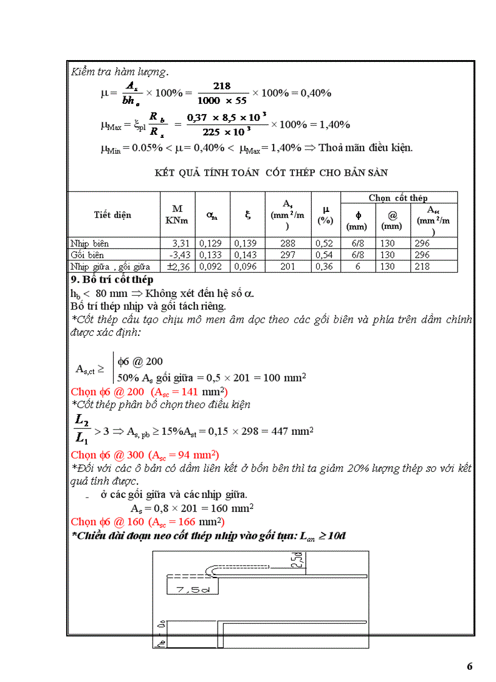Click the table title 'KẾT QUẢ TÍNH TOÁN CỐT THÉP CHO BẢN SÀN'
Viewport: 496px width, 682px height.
[x=271, y=173]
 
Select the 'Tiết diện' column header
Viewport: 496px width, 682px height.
[x=112, y=215]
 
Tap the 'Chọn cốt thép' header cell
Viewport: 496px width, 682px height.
[x=398, y=198]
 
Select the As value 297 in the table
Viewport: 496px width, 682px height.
[x=289, y=255]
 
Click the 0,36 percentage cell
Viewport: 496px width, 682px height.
[x=325, y=266]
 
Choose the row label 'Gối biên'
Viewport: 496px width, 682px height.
[x=86, y=255]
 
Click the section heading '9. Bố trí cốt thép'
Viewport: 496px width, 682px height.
[x=112, y=280]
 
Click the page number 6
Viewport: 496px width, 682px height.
[x=469, y=666]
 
